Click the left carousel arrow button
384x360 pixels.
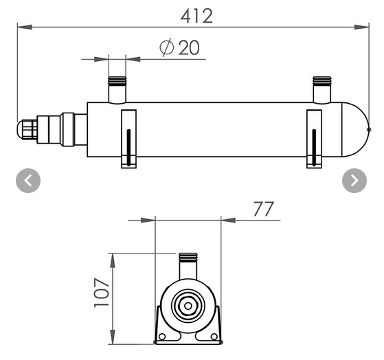(28, 181)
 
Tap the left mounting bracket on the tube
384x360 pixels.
(128, 138)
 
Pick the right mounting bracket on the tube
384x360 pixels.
(313, 138)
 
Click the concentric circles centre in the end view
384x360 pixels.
(187, 306)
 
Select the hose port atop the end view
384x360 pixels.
(187, 263)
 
